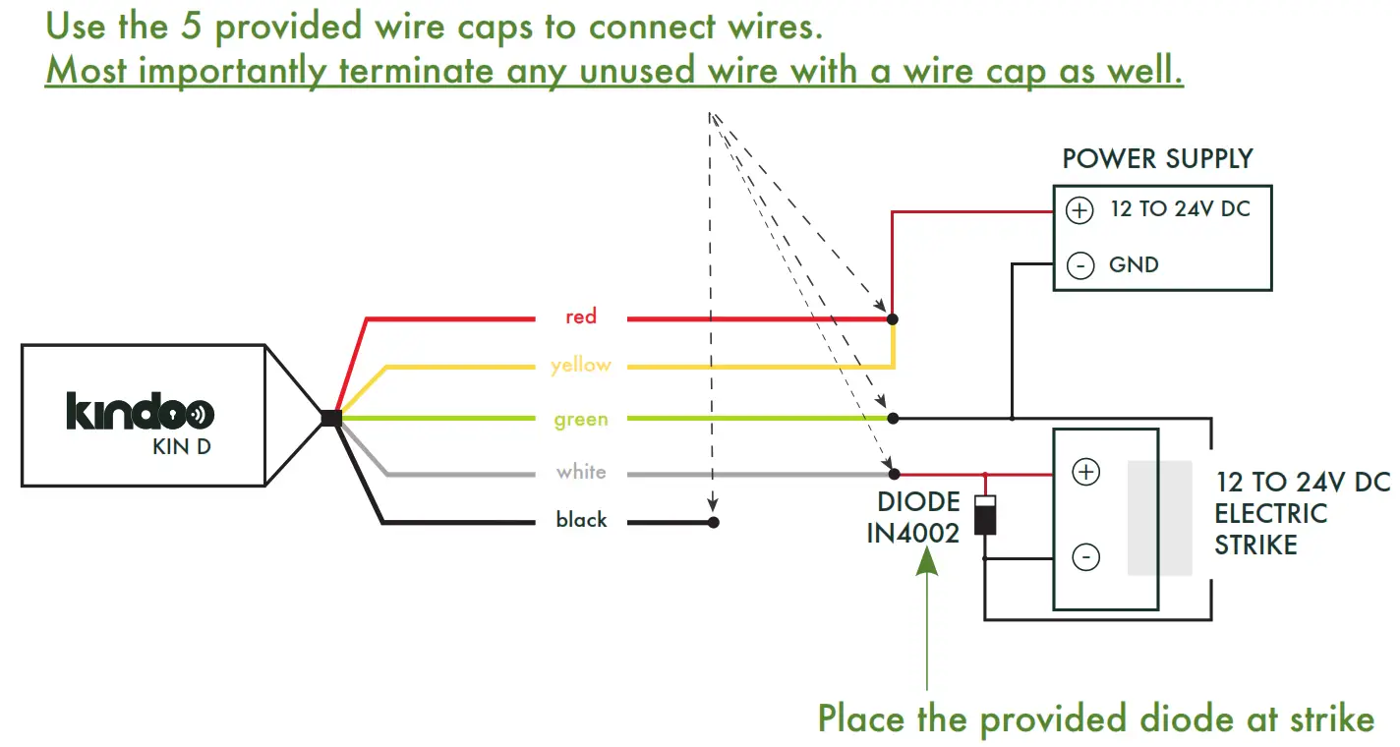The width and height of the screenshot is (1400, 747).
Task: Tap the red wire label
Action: point(581,316)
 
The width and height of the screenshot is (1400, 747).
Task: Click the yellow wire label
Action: point(581,366)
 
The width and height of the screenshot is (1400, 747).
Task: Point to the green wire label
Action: point(581,420)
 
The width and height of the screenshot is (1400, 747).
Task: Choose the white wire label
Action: point(581,472)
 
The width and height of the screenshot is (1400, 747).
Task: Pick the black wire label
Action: point(581,520)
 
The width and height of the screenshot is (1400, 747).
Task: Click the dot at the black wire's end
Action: point(714,522)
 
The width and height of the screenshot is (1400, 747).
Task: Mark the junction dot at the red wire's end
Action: point(893,319)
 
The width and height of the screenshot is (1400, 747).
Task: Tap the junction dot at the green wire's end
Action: point(893,418)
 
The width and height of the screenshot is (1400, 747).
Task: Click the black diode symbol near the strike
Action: point(985,515)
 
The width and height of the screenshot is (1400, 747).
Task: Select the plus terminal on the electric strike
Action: point(1085,473)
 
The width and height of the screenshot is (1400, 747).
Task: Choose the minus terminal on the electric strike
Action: point(1085,557)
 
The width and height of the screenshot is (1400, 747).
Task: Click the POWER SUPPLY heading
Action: point(1157,159)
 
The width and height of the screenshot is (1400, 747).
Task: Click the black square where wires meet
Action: point(331,418)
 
